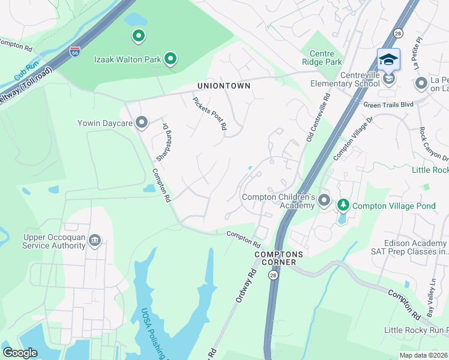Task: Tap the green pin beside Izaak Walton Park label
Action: pyautogui.click(x=170, y=58)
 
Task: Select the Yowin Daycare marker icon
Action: pyautogui.click(x=142, y=123)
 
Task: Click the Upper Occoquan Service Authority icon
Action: pyautogui.click(x=94, y=241)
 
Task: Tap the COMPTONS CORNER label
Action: pyautogui.click(x=279, y=254)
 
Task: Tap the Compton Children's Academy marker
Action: pyautogui.click(x=324, y=200)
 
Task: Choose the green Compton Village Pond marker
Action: pyautogui.click(x=343, y=205)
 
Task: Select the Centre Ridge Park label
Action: pyautogui.click(x=322, y=58)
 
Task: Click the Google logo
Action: pyautogui.click(x=20, y=353)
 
